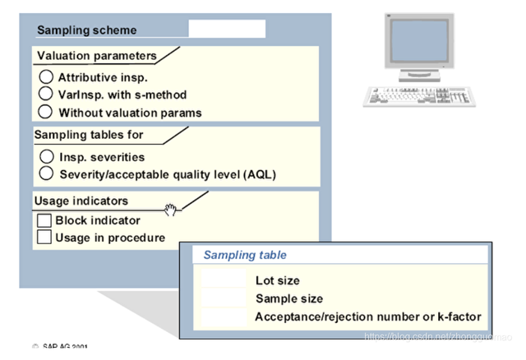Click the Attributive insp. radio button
tap(46, 77)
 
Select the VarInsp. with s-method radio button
tap(46, 95)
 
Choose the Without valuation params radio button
tap(46, 112)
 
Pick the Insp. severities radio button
tap(46, 156)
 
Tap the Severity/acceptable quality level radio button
tap(46, 173)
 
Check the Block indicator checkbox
tap(44, 220)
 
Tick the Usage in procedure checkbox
tap(44, 238)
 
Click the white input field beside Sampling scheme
tap(227, 30)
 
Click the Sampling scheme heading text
tap(87, 30)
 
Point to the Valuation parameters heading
tap(95, 56)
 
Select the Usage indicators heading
tap(81, 201)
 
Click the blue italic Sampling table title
tap(245, 256)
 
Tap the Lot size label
tap(278, 281)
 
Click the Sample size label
tap(289, 298)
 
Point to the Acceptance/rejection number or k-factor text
tap(368, 316)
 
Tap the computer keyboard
tap(408, 94)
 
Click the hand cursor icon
tap(172, 210)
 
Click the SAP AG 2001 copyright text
tap(62, 348)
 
